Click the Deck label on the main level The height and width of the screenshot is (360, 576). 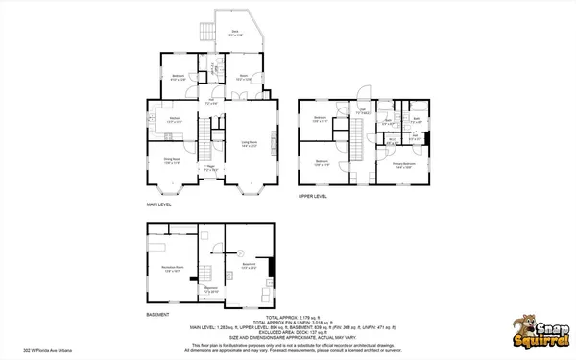click(x=234, y=34)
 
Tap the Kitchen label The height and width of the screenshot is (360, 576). click(x=175, y=120)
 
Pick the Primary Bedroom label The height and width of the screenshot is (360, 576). click(x=403, y=164)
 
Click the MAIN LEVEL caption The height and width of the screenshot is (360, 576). click(x=160, y=204)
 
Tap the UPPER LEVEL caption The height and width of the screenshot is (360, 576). click(x=312, y=196)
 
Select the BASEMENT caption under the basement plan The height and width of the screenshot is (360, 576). click(x=157, y=315)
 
